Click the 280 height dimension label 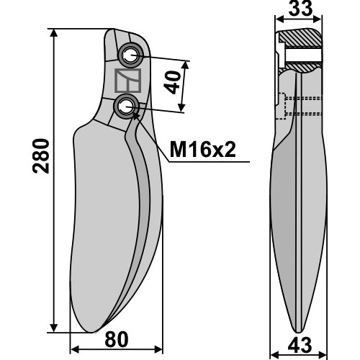41,156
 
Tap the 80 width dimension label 117,340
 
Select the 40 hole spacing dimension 174,82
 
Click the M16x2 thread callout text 203,149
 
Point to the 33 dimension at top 300,9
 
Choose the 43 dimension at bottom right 300,346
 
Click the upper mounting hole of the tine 130,55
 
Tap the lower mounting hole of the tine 127,106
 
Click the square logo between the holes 127,81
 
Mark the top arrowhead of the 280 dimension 54,33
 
